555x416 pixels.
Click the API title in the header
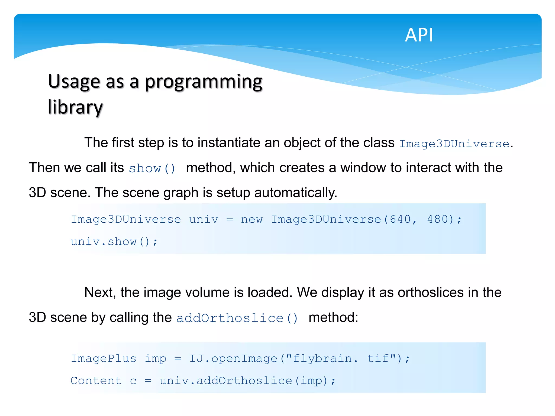coord(419,35)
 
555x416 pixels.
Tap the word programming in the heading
coord(204,82)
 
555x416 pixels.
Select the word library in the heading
coord(75,107)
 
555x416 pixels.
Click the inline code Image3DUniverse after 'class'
coord(454,144)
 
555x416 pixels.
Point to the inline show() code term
coord(152,168)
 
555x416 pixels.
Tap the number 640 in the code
coord(400,219)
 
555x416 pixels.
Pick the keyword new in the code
coord(251,219)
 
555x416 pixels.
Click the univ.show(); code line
coord(114,242)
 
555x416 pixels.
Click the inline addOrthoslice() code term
coord(237,318)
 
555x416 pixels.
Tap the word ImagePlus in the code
coord(104,359)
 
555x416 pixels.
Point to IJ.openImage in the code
coord(233,359)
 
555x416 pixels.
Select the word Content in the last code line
coord(96,381)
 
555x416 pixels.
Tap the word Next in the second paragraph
coord(100,292)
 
